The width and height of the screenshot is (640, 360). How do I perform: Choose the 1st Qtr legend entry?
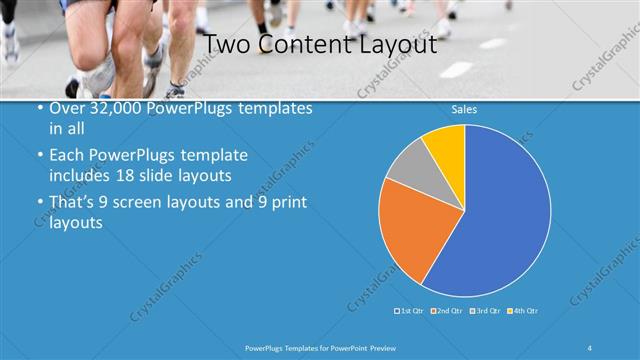click(410, 311)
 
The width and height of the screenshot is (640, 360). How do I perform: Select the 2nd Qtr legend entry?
click(446, 311)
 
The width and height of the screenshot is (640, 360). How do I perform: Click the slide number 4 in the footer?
click(590, 347)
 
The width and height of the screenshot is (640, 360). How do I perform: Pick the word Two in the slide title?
click(227, 45)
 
